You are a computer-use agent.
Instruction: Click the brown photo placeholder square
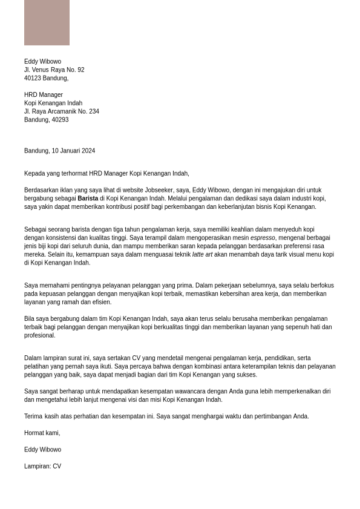pyautogui.click(x=47, y=22)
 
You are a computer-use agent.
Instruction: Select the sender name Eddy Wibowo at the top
pyautogui.click(x=42, y=62)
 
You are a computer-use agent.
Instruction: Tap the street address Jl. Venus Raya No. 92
pyautogui.click(x=54, y=70)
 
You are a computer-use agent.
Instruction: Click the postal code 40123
pyautogui.click(x=33, y=79)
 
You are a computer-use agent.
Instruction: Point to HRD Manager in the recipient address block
pyautogui.click(x=43, y=95)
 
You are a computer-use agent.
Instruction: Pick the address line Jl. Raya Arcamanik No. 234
pyautogui.click(x=61, y=111)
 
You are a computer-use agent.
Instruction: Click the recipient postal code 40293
pyautogui.click(x=61, y=120)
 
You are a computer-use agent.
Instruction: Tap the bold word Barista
pyautogui.click(x=88, y=199)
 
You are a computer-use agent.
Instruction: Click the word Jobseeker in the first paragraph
pyautogui.click(x=159, y=190)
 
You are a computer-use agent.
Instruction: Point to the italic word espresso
pyautogui.click(x=263, y=238)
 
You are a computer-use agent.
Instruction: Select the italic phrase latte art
pyautogui.click(x=202, y=255)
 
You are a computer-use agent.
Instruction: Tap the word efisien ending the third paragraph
pyautogui.click(x=101, y=303)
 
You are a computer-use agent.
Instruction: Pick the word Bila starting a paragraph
pyautogui.click(x=30, y=319)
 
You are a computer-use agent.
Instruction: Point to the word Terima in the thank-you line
pyautogui.click(x=33, y=416)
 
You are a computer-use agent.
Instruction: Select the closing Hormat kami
pyautogui.click(x=42, y=433)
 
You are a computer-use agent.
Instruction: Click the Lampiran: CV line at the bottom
pyautogui.click(x=42, y=467)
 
